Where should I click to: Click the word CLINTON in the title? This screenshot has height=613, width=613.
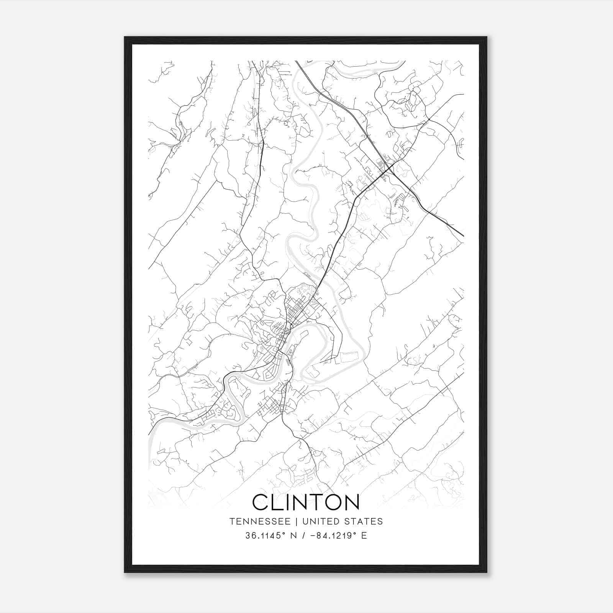(306, 502)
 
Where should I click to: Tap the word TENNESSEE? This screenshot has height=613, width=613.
(257, 521)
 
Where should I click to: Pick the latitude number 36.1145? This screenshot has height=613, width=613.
(265, 536)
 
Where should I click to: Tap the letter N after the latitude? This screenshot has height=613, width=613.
(294, 536)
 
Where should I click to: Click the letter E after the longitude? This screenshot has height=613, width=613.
(364, 536)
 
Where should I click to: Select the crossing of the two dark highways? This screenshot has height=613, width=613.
(389, 167)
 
